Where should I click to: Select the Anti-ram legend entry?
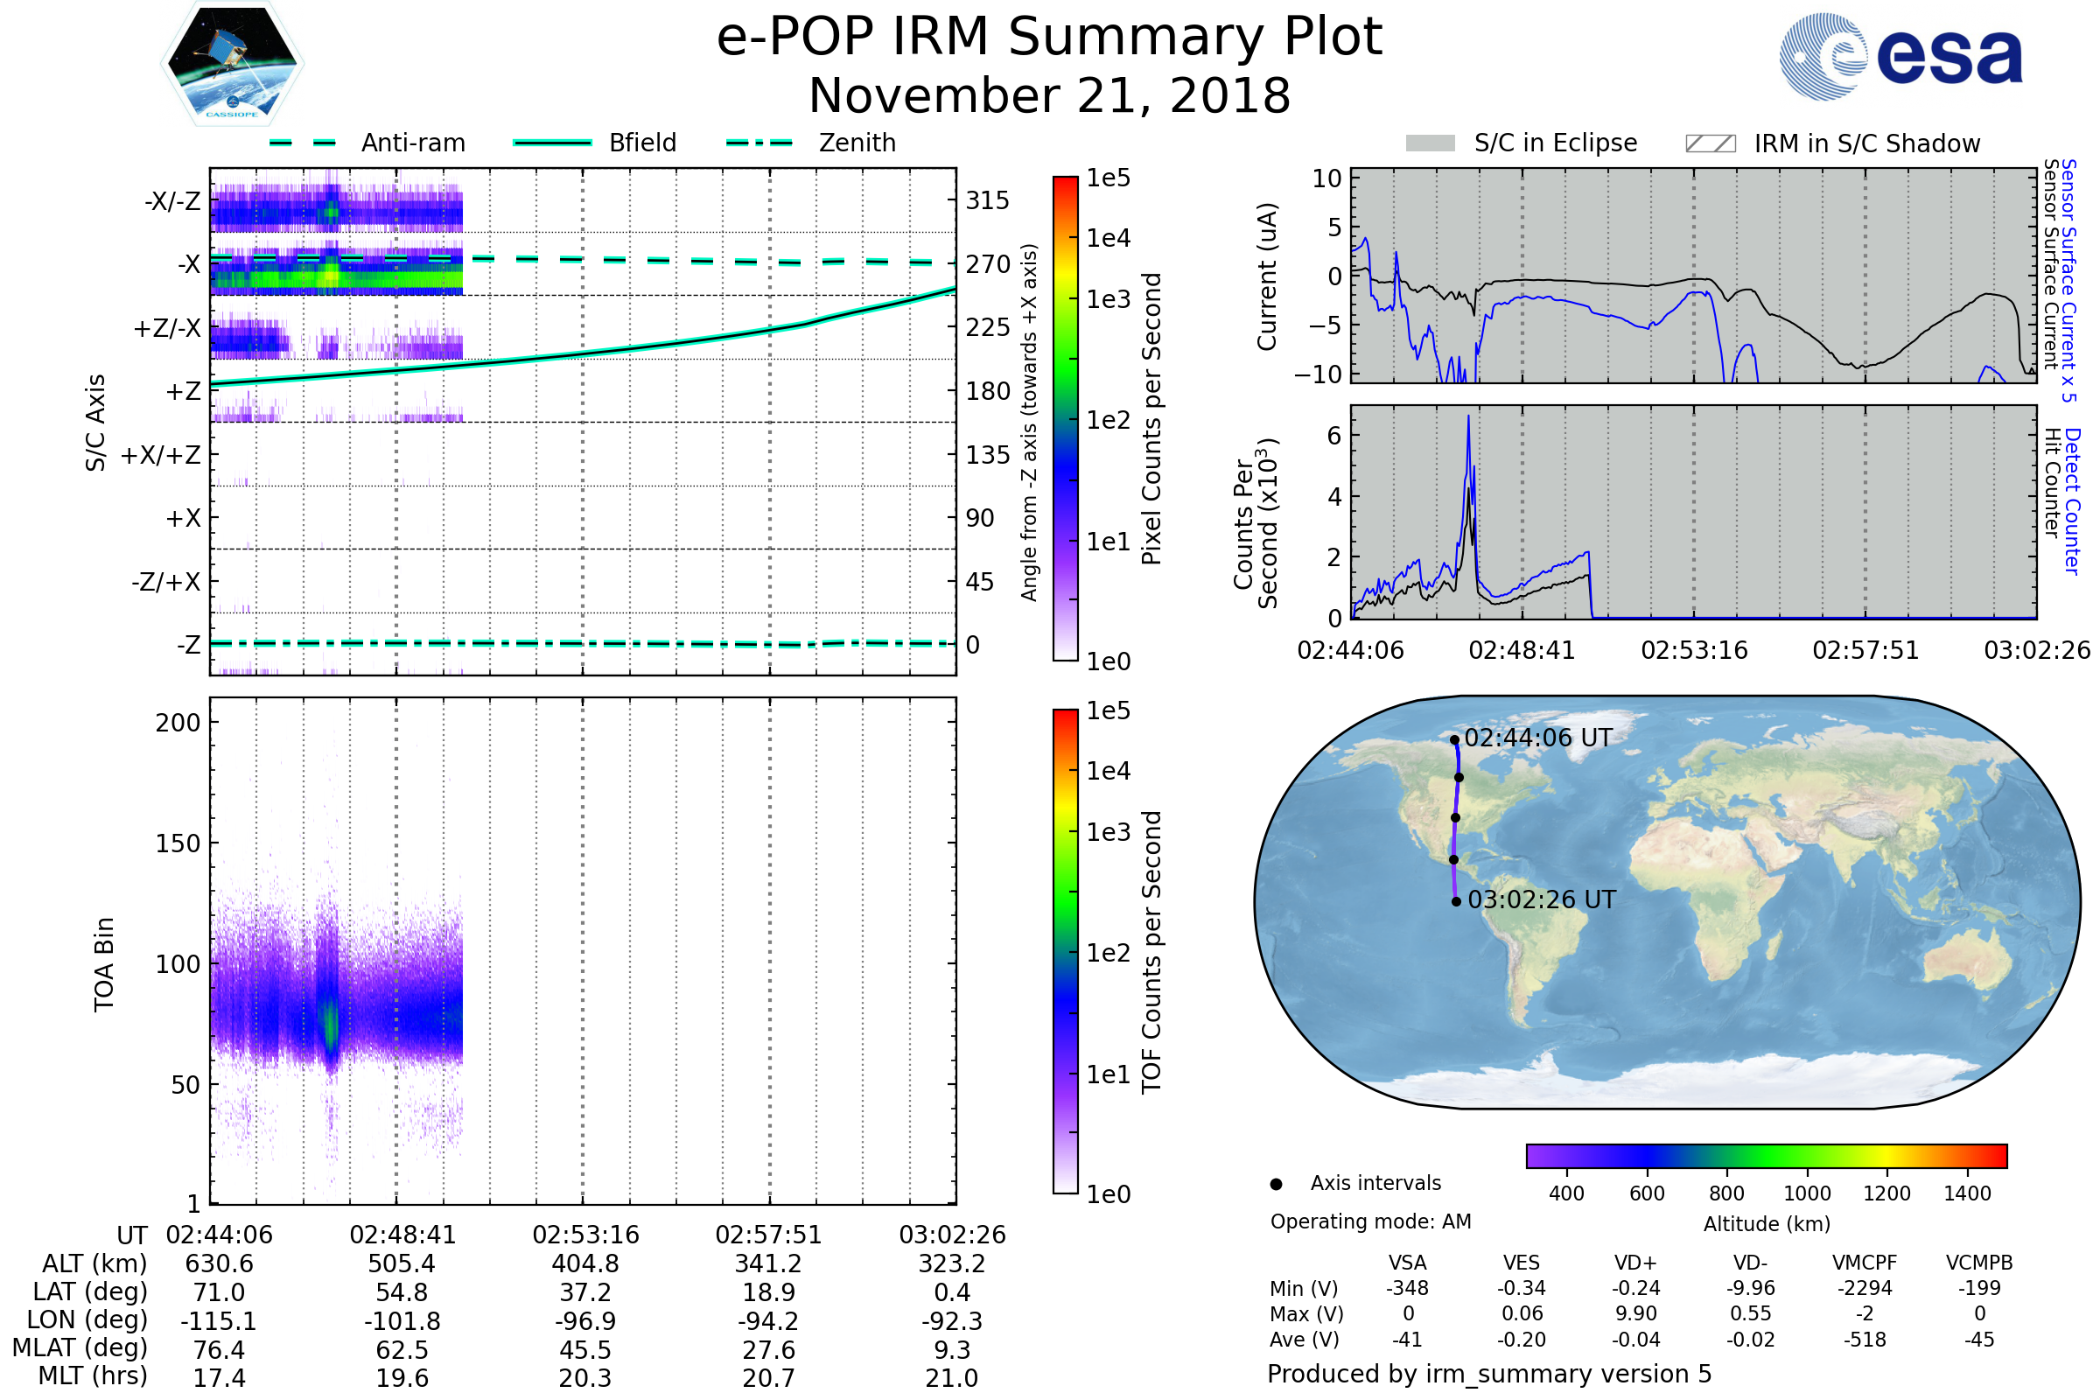tap(412, 143)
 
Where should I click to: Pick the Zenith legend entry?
tap(857, 143)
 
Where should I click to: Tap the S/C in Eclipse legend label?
tap(1556, 143)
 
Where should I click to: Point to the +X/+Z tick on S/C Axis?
tap(161, 455)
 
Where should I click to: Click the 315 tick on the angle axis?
tap(988, 200)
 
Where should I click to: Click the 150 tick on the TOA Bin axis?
tap(178, 843)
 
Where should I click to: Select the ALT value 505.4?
tap(402, 1264)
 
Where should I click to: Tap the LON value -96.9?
tap(584, 1321)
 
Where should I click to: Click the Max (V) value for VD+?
tap(1635, 1314)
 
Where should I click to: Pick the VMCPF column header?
tap(1865, 1263)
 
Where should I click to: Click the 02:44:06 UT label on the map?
tap(1537, 738)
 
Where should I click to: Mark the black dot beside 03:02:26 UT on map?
tap(1456, 902)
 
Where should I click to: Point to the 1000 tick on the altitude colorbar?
tap(1806, 1193)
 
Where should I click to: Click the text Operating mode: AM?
tap(1370, 1221)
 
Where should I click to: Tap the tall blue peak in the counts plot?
tap(1468, 418)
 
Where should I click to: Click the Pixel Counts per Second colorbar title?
tap(1151, 419)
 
